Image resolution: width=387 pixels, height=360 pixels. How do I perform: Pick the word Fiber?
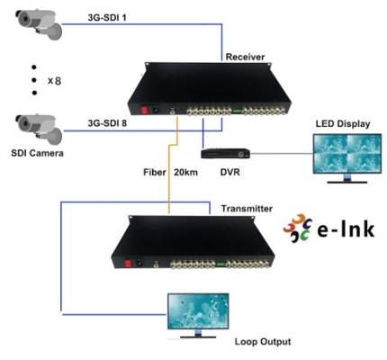(156, 171)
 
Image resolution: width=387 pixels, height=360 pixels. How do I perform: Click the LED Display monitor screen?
(344, 155)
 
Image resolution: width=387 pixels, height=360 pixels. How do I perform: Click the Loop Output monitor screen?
(193, 313)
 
